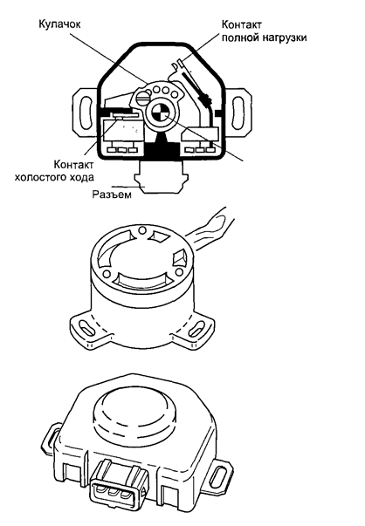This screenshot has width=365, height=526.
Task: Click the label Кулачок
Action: pyautogui.click(x=59, y=24)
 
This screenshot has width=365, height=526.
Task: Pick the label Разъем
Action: pyautogui.click(x=112, y=195)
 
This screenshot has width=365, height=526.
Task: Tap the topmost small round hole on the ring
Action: pyautogui.click(x=142, y=229)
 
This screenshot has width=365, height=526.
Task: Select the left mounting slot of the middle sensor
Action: pyautogui.click(x=85, y=327)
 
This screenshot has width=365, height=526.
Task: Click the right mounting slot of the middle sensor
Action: pyautogui.click(x=197, y=329)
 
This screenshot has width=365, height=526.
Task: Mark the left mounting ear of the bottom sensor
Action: pyautogui.click(x=51, y=438)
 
